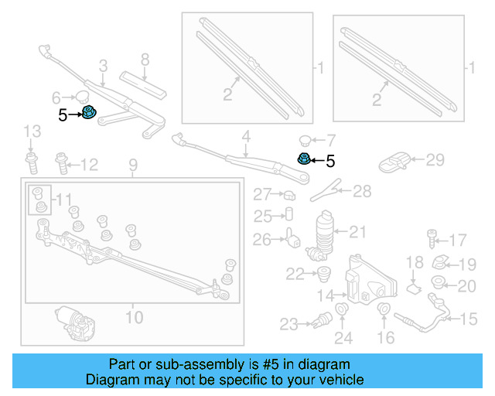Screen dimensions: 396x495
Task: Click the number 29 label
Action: [x=435, y=160]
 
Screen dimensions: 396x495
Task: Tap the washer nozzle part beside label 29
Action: [x=395, y=162]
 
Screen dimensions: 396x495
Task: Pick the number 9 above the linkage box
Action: [x=132, y=164]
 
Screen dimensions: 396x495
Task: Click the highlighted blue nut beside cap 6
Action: [x=89, y=113]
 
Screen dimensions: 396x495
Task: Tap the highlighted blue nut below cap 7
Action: [x=304, y=159]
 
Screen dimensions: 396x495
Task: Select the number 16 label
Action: [x=385, y=337]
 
